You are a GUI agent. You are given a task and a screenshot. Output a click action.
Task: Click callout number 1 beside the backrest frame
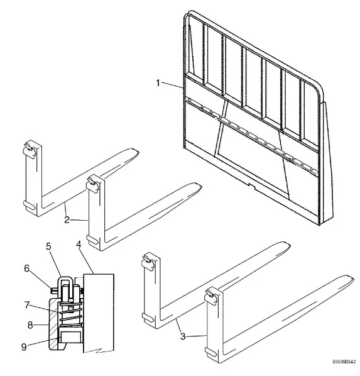click(x=158, y=83)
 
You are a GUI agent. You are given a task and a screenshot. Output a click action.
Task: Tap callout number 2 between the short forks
click(x=67, y=219)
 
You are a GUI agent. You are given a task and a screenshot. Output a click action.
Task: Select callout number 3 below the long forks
click(x=183, y=336)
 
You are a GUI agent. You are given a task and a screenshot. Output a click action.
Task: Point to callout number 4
click(x=79, y=245)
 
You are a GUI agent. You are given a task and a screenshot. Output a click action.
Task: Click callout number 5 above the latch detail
click(x=48, y=246)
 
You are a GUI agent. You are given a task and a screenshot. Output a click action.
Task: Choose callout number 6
click(x=27, y=268)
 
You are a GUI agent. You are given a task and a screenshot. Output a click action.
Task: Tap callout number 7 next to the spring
click(x=27, y=305)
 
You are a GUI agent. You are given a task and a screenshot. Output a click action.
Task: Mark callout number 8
click(x=30, y=325)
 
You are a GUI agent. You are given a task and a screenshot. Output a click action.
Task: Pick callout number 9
click(x=24, y=347)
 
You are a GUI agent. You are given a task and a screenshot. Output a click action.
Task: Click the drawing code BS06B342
click(x=344, y=362)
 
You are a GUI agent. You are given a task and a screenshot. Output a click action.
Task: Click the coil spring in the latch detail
click(x=71, y=314)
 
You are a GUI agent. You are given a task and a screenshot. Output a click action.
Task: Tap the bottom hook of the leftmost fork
click(x=30, y=205)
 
